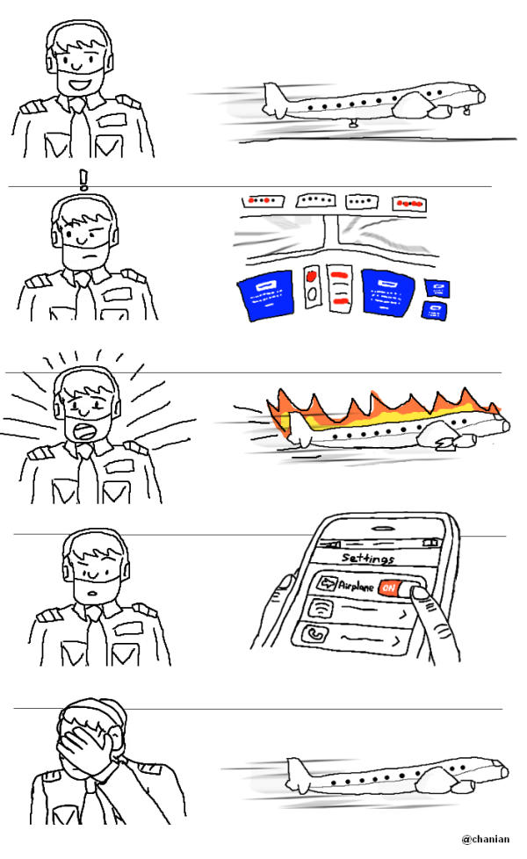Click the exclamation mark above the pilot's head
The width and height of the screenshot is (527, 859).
[83, 179]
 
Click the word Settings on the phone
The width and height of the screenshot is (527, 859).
[368, 559]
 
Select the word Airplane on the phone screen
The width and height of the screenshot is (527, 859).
[356, 586]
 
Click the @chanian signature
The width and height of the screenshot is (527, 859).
[486, 839]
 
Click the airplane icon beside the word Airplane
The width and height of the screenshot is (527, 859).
[327, 583]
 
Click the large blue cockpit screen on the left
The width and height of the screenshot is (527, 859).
[266, 295]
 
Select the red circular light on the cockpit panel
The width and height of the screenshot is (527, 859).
[312, 276]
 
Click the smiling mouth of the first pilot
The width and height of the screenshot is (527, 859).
[81, 85]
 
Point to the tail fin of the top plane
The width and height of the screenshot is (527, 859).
[273, 100]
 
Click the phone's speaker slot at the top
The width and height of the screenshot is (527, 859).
[385, 529]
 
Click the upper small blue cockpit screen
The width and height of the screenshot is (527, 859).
[437, 288]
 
